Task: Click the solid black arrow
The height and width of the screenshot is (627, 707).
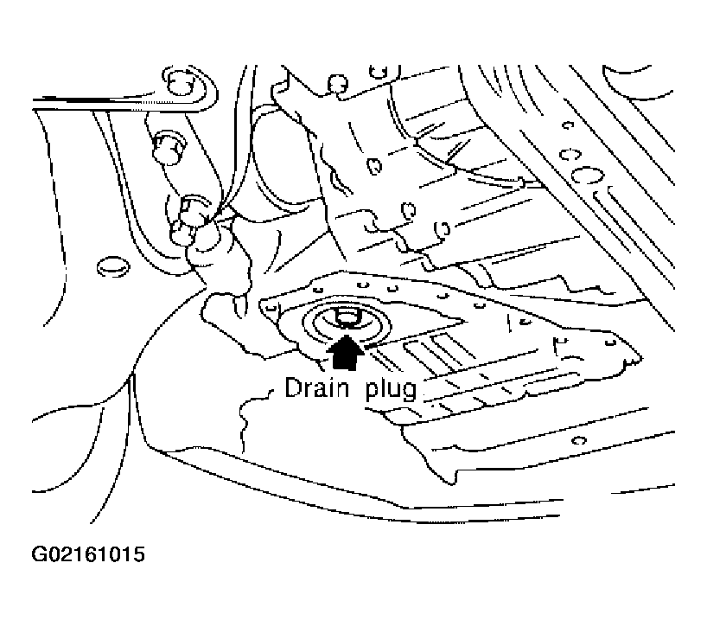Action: (x=345, y=353)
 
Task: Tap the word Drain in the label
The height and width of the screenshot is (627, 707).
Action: (x=316, y=388)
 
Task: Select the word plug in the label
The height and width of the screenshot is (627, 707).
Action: (x=392, y=390)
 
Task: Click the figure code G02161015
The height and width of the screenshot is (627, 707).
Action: (x=88, y=554)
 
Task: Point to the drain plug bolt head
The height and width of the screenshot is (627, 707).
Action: (x=346, y=317)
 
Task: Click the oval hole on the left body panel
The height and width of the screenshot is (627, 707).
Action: (x=113, y=266)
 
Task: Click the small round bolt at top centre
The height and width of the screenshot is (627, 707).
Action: (x=338, y=83)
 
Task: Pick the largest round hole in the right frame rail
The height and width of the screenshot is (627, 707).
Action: (x=587, y=175)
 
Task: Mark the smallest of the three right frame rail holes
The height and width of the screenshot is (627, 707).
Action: (x=568, y=125)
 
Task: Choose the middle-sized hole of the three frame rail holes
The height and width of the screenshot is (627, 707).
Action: (x=570, y=155)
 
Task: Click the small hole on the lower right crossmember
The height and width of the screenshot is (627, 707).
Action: (x=579, y=440)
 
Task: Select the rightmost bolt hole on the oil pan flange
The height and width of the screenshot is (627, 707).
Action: (x=611, y=342)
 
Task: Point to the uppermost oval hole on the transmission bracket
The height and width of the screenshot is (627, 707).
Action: (x=374, y=166)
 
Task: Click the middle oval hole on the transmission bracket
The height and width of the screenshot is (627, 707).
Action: (x=409, y=210)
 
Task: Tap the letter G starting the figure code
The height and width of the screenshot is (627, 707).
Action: (x=39, y=554)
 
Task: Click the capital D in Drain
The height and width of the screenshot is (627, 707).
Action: (x=293, y=387)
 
